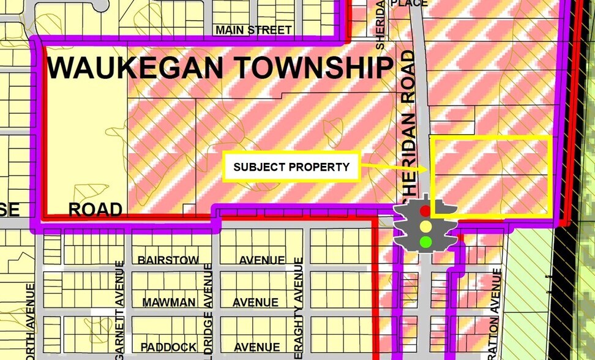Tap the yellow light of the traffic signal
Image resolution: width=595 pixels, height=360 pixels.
click(x=425, y=226)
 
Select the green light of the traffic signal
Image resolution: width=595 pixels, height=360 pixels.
click(x=425, y=241)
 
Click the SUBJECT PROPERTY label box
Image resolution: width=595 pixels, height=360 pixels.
click(x=291, y=167)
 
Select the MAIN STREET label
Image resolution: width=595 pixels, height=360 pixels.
click(x=253, y=30)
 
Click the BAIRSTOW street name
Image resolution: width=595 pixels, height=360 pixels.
click(x=168, y=260)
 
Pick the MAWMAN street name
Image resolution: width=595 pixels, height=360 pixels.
click(x=169, y=302)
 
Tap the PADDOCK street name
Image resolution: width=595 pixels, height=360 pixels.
click(x=168, y=347)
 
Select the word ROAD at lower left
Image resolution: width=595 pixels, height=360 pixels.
click(x=95, y=210)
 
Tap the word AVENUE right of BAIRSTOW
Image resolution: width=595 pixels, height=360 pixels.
click(x=261, y=260)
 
